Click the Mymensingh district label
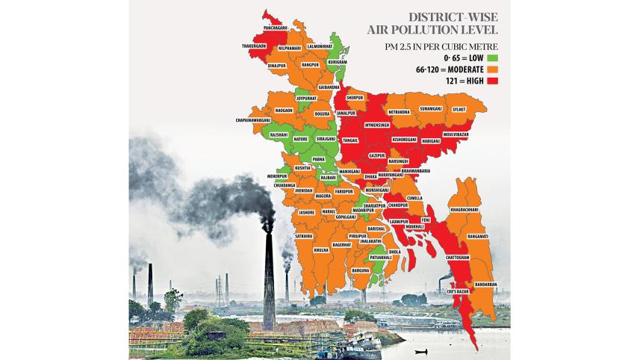pos(378,125)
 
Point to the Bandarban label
pos(485,285)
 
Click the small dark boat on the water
pos(421,351)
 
